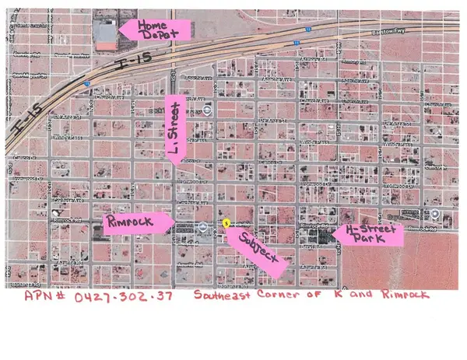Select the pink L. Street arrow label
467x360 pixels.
click(175, 129)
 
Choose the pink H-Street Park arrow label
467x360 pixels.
click(367, 233)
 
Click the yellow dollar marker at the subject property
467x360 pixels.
click(226, 222)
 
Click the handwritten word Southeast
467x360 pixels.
click(226, 296)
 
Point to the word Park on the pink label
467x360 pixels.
click(372, 239)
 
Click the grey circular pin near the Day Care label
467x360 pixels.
click(202, 226)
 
